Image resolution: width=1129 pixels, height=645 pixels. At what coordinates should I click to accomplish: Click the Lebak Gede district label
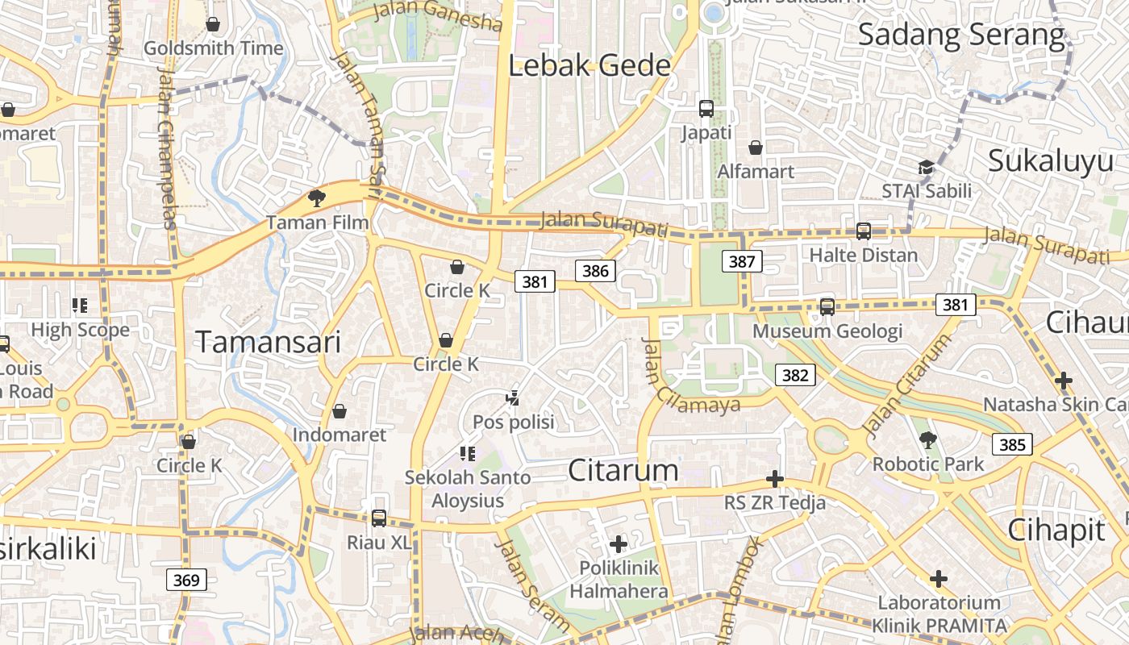[589, 65]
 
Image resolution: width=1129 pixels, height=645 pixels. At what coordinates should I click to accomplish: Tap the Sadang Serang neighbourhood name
[961, 35]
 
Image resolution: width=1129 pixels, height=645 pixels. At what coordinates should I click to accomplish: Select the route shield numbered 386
[595, 271]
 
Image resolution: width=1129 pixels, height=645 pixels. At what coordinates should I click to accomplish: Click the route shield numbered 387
[742, 261]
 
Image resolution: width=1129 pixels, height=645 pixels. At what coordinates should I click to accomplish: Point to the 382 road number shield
[795, 375]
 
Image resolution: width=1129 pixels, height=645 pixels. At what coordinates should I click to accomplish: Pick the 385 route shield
[1012, 444]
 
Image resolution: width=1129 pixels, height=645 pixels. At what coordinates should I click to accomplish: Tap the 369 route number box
[186, 580]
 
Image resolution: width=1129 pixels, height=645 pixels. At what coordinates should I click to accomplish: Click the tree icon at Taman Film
[316, 198]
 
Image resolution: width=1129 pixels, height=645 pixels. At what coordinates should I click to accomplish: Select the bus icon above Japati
[706, 108]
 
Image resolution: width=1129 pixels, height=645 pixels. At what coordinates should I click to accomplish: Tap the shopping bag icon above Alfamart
[756, 148]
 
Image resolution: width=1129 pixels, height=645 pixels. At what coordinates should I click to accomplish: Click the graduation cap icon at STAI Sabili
[926, 167]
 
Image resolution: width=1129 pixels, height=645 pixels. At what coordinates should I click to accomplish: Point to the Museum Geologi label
[827, 331]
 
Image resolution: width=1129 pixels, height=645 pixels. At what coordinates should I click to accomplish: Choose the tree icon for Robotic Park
[928, 440]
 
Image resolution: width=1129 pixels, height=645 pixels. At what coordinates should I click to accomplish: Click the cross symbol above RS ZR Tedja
[775, 480]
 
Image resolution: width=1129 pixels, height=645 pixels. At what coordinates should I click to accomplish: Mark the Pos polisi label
[514, 422]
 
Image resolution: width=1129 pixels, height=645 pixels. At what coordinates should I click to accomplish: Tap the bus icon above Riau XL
[379, 518]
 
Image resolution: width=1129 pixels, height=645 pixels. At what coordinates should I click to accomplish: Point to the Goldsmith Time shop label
[214, 48]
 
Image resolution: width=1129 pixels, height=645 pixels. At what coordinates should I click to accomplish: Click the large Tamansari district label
[269, 343]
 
